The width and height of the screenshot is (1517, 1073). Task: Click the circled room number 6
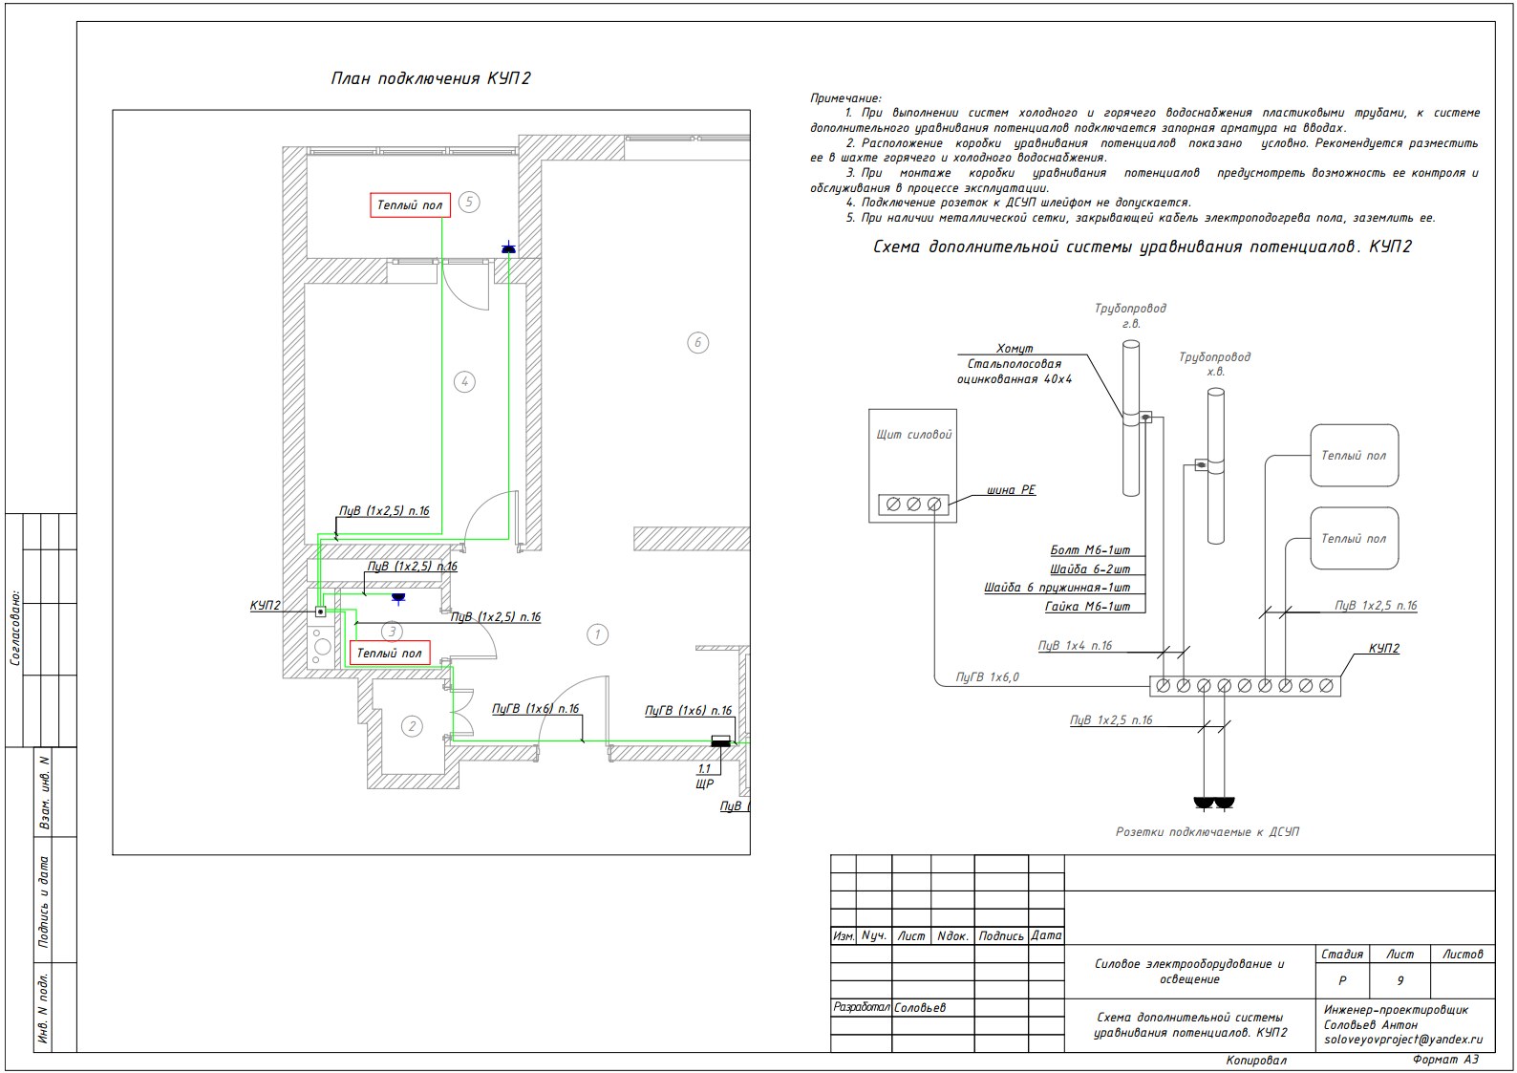697,342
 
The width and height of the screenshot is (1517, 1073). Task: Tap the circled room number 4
464,382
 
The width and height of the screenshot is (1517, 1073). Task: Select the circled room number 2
412,727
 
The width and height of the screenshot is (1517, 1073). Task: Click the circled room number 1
597,634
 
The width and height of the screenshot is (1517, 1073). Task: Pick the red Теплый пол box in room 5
411,204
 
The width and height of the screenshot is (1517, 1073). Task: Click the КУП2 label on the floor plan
265,605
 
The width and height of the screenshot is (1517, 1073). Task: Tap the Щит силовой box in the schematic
913,465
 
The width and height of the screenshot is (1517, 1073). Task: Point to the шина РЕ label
1011,489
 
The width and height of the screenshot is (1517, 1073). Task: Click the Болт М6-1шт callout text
1090,549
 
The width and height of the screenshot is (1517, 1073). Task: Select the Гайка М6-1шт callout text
1088,607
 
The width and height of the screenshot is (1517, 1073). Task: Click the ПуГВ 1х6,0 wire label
987,676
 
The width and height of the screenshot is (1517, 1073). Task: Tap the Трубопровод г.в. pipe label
1130,315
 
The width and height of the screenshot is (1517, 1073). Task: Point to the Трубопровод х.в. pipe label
1215,364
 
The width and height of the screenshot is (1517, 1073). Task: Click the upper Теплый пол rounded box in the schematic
1355,455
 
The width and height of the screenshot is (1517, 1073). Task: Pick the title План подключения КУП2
431,78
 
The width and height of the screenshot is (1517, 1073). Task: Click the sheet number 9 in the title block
1399,980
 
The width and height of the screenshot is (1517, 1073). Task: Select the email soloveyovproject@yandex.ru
1403,1040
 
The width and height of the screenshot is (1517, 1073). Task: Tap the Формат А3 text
1445,1059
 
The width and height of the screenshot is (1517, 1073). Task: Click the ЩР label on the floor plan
704,783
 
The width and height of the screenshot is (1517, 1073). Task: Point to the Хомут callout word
1015,348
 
